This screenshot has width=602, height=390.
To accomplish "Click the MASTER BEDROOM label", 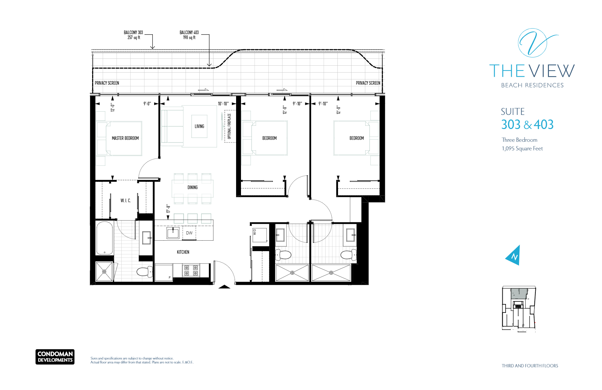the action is click(x=125, y=138).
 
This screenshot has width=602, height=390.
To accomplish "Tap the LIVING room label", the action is click(x=199, y=126).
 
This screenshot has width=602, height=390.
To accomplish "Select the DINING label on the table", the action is click(x=192, y=187).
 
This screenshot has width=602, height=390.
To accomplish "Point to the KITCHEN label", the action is click(x=183, y=252).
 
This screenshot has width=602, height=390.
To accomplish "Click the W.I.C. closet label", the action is click(x=126, y=201).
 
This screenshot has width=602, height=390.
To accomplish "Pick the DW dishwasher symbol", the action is click(x=189, y=233).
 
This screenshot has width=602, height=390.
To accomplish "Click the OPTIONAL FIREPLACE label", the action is click(x=229, y=126).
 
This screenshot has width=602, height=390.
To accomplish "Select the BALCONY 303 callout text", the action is click(x=133, y=35).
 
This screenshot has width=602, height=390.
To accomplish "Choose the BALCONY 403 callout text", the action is click(x=189, y=35).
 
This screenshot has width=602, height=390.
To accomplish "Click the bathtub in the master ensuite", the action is click(x=105, y=238).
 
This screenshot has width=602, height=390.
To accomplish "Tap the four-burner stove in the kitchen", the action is click(x=191, y=271).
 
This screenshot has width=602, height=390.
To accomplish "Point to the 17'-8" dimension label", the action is click(x=168, y=208).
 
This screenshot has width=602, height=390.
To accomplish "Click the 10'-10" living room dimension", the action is click(x=223, y=104).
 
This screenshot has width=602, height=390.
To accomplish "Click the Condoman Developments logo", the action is click(x=55, y=357).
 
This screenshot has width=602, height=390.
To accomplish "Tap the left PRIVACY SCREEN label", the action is click(x=107, y=83).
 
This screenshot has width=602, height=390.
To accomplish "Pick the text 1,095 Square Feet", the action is click(x=522, y=149).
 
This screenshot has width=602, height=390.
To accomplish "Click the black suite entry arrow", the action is click(x=225, y=287).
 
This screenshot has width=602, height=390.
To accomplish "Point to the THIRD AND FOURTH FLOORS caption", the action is click(x=530, y=366).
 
